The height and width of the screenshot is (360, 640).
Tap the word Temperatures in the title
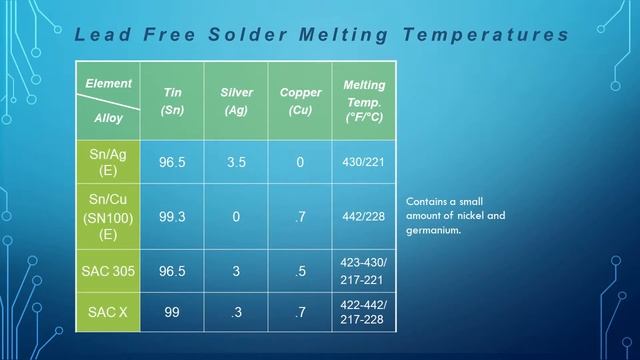pos(486,35)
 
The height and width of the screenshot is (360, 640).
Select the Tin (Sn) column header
pos(172,101)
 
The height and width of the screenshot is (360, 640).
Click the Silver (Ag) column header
pos(236,101)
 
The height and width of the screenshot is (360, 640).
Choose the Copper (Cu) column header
pos(300,101)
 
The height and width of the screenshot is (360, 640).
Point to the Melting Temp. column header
pos(364,101)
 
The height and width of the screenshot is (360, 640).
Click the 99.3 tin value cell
pos(172,216)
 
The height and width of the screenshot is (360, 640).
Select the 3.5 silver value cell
pos(236,162)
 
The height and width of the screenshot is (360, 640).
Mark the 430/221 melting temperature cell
pos(364,162)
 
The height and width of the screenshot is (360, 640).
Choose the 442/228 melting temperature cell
pos(364,216)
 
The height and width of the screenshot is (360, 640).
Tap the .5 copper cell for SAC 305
pos(300,271)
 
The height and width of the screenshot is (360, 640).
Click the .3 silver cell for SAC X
pos(236,312)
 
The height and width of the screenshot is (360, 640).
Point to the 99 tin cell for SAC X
pos(172,312)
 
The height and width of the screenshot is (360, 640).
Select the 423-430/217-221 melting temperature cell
pos(364,271)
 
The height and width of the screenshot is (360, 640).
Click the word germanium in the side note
pos(432,230)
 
